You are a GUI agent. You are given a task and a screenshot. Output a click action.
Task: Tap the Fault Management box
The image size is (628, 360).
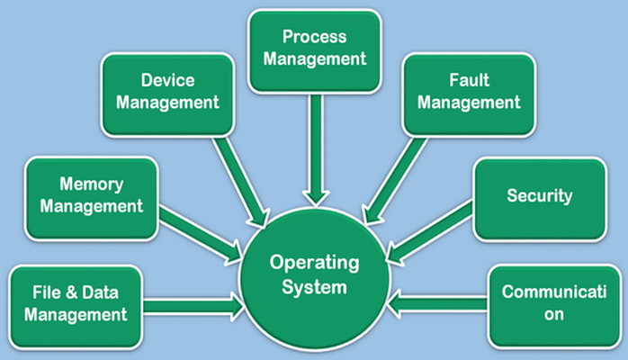pyautogui.click(x=469, y=91)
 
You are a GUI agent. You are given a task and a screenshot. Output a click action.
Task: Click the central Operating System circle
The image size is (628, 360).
pyautogui.click(x=315, y=275)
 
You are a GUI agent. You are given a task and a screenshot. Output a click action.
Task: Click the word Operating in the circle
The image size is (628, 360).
pyautogui.click(x=315, y=264)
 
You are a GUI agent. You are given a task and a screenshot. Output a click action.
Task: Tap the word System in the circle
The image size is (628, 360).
pyautogui.click(x=315, y=288)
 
